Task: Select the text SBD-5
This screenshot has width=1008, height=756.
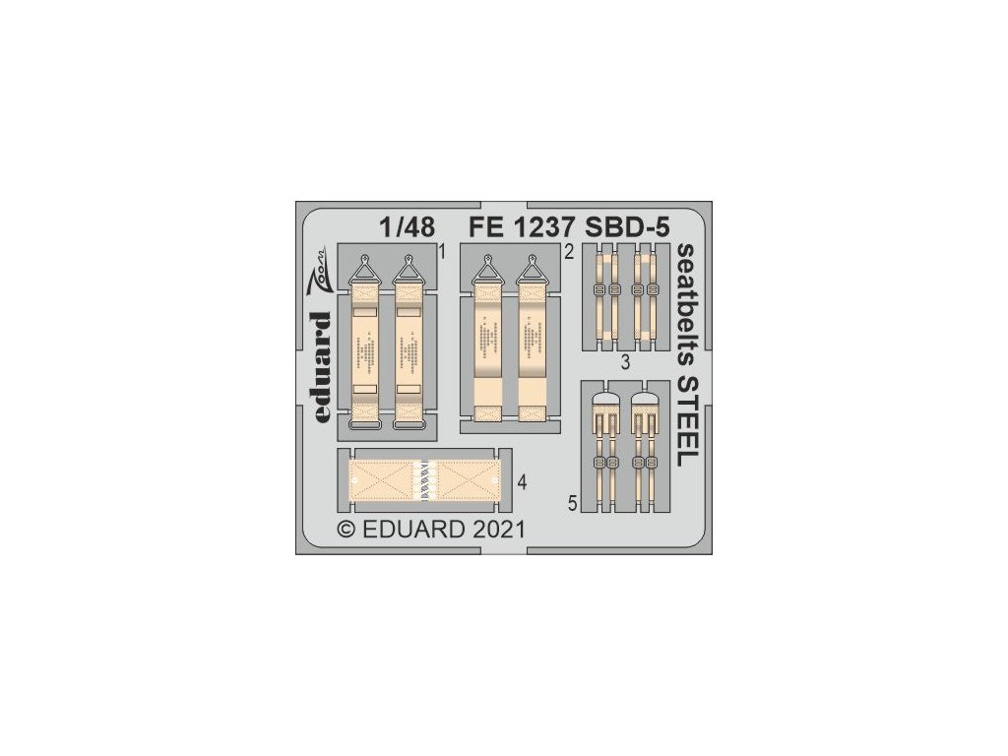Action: [627, 227]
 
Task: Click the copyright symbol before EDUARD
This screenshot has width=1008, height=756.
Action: [346, 530]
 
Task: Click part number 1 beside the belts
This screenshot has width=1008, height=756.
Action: [443, 253]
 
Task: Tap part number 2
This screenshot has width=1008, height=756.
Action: [569, 253]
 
